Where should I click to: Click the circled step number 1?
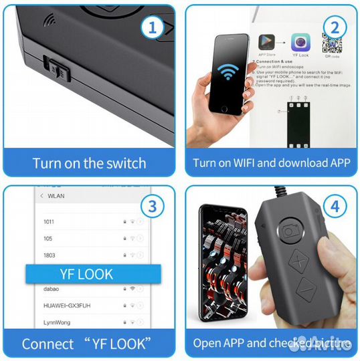(x=152, y=29)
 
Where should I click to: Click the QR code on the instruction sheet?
(x=332, y=46)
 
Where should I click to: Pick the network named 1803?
(x=50, y=255)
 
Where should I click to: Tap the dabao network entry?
(x=52, y=288)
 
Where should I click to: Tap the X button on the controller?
(x=296, y=258)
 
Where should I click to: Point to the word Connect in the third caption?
(x=48, y=344)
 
